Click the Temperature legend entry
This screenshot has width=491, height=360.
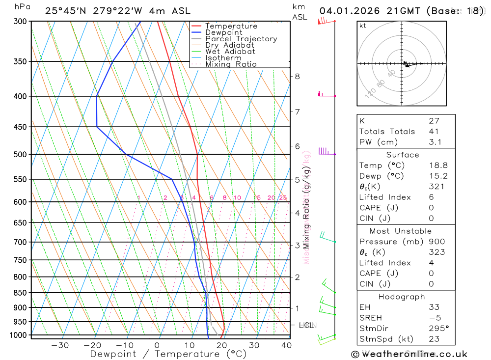pos(231,26)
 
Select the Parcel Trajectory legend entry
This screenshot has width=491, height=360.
pos(241,39)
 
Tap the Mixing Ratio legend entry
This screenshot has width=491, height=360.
pos(231,64)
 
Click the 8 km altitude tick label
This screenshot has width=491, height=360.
pos(297,76)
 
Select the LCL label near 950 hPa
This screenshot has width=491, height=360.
pos(306,325)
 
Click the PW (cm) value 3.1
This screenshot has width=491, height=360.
pos(435,142)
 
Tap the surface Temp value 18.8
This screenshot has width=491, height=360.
pos(437,166)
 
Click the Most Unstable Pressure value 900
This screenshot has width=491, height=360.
pos(436,242)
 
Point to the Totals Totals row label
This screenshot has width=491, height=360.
pos(387,131)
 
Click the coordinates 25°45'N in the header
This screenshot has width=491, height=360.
pos(65,11)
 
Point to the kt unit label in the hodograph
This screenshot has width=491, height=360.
pos(362,26)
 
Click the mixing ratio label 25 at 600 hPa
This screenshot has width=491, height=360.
pos(283,198)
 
